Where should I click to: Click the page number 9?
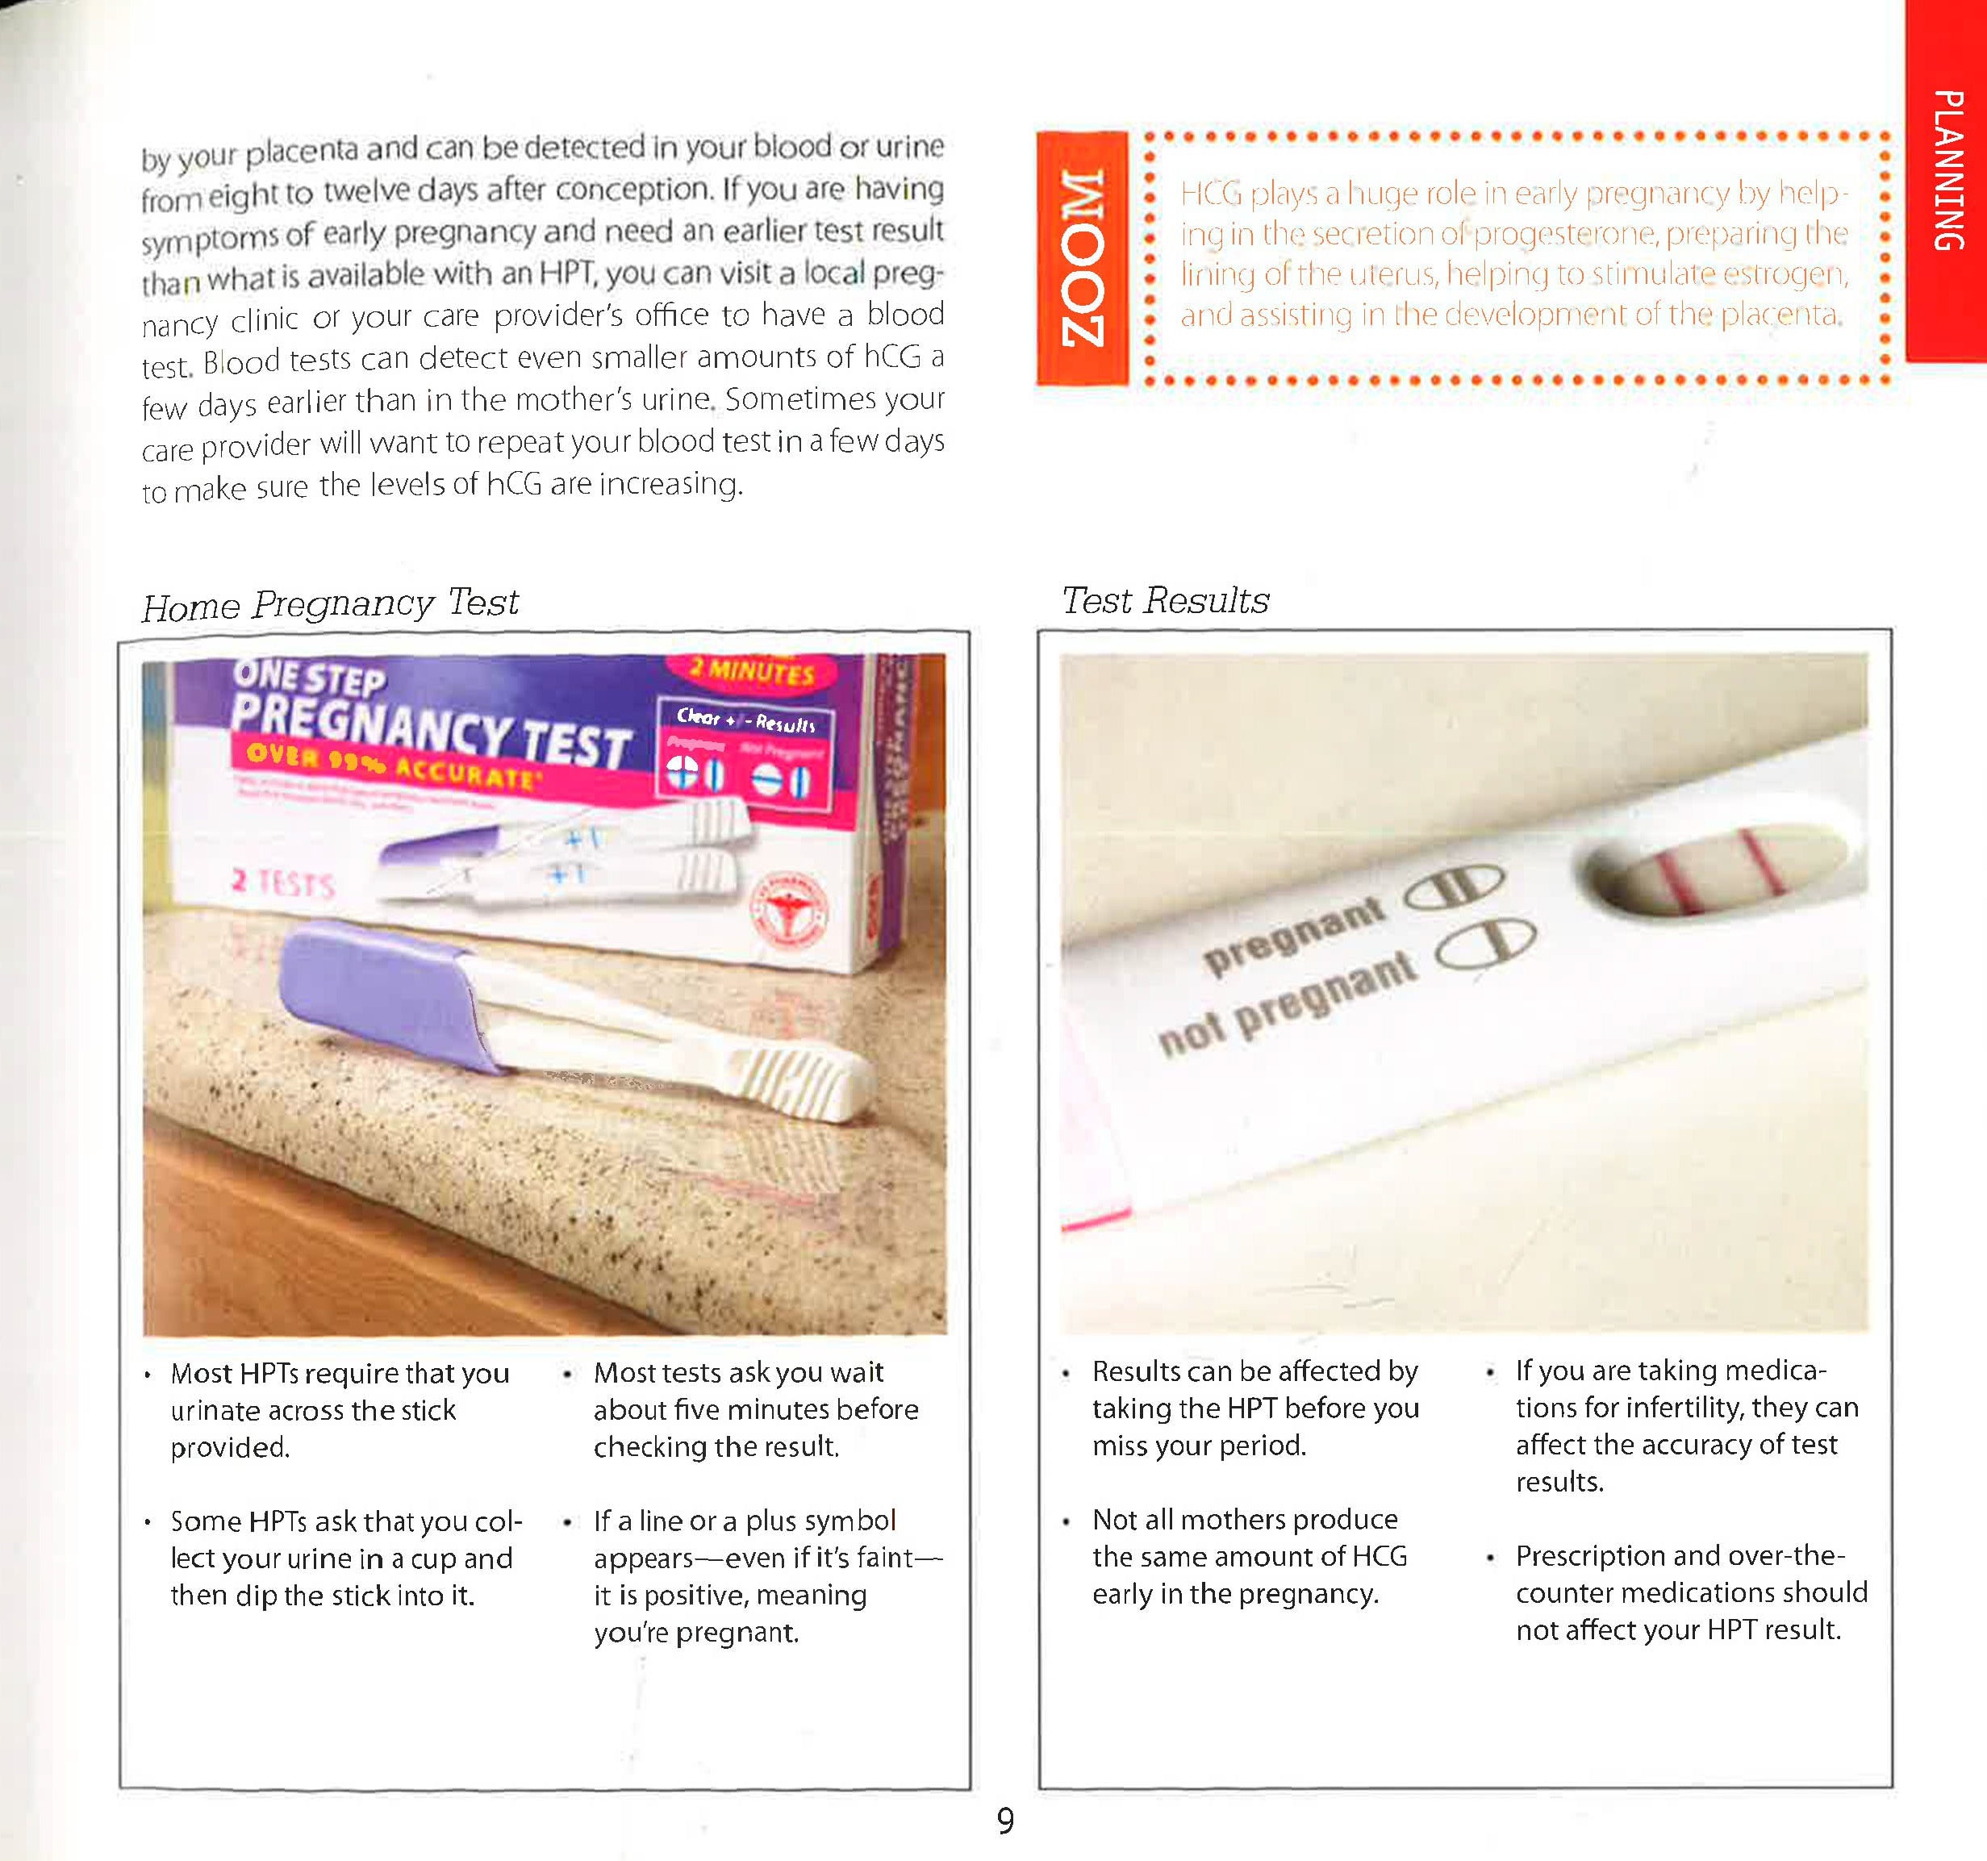click(1004, 1821)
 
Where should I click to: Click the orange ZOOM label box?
click(1083, 258)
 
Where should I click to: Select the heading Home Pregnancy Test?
click(330, 605)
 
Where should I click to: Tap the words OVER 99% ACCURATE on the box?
click(390, 764)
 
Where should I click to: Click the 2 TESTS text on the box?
click(283, 883)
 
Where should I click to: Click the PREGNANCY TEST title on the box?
click(430, 728)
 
